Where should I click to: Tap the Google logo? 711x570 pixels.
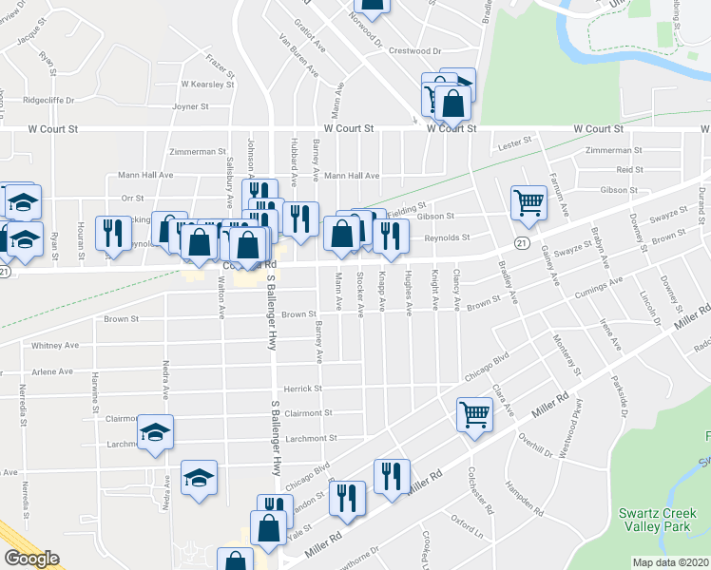click(x=31, y=559)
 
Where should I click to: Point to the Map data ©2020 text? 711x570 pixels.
click(x=669, y=562)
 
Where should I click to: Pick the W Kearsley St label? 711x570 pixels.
click(x=207, y=84)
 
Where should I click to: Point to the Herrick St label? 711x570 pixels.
click(x=304, y=389)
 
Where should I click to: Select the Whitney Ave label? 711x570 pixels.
click(x=52, y=346)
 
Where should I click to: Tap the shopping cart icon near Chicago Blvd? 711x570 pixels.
click(x=474, y=413)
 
